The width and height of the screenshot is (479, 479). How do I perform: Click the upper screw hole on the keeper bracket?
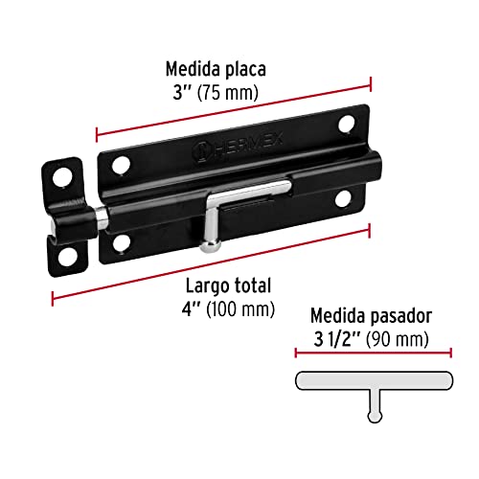[62, 178]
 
